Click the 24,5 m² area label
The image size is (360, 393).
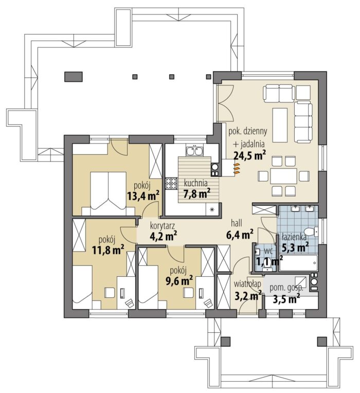249,155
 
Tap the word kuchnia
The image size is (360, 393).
195,183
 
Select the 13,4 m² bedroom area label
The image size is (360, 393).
143,196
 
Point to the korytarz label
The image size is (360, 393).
162,225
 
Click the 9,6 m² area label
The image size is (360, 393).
179,281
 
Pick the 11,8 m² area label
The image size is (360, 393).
108,250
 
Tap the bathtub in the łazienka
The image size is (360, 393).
299,263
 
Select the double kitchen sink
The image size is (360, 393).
194,151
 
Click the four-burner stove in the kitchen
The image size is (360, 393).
171,183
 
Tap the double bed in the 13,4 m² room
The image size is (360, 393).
108,193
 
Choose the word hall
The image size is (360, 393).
237,223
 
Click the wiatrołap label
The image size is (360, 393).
247,284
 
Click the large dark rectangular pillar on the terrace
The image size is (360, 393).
74,77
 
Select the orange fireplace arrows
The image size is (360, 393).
237,168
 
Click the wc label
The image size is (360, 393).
267,251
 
